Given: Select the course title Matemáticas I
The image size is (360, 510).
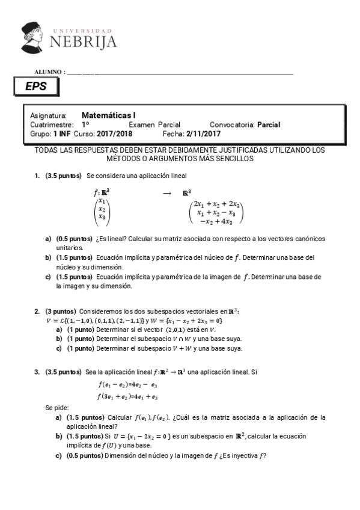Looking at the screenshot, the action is (109, 115).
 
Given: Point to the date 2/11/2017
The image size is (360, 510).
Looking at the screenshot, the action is (204, 134).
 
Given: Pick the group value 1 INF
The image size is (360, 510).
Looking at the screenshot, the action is (62, 134).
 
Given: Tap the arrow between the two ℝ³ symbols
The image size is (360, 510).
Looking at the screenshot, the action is (167, 193).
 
